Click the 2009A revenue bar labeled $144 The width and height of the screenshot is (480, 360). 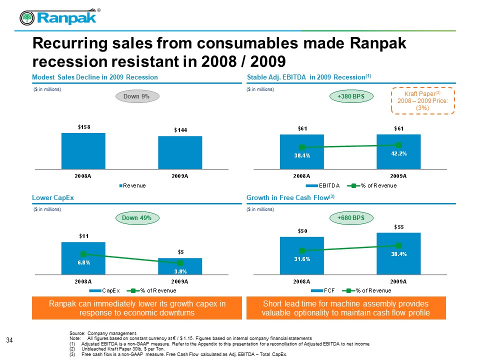click(x=180, y=152)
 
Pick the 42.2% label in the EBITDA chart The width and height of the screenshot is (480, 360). click(x=398, y=154)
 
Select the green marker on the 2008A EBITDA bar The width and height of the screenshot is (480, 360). click(x=302, y=147)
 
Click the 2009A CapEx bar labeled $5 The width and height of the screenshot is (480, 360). click(x=180, y=266)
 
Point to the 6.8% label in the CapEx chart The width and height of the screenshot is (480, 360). click(x=83, y=262)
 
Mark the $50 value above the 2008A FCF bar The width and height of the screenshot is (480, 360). click(x=301, y=230)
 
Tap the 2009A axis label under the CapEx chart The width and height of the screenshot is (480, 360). click(x=180, y=281)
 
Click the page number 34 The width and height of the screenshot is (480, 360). click(x=9, y=340)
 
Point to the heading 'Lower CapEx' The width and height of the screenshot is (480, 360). click(x=53, y=198)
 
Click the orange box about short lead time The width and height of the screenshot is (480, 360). click(x=345, y=308)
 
